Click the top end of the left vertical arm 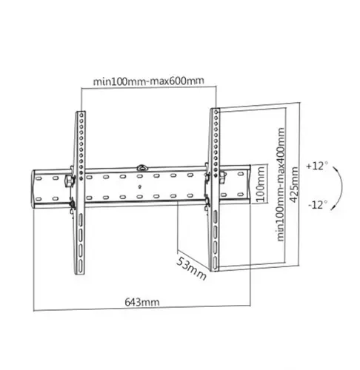(79, 114)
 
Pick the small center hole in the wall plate (142, 186)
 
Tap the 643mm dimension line (141, 310)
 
